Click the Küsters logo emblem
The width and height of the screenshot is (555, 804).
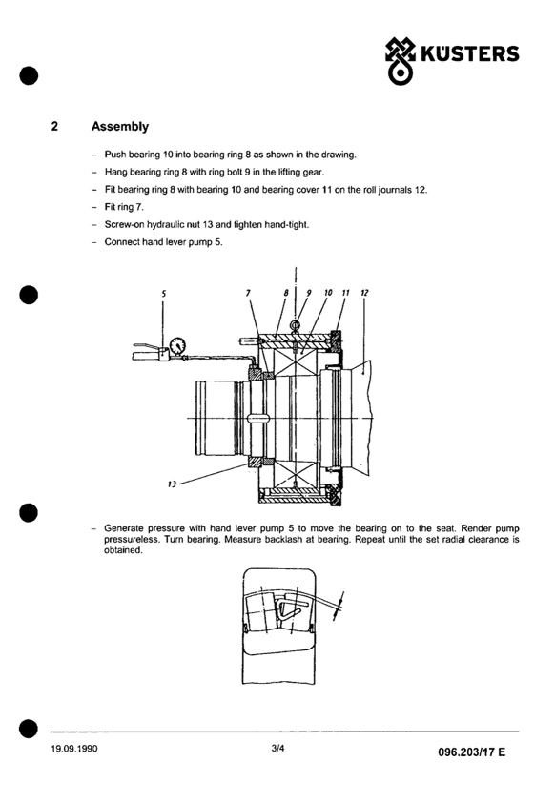[x=400, y=60]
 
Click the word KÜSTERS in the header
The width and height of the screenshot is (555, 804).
[x=470, y=53]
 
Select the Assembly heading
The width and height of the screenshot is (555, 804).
[x=120, y=127]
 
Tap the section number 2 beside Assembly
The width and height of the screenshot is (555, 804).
[x=54, y=126]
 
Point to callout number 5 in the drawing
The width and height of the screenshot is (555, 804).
[x=163, y=294]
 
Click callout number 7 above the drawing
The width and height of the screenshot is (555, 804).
[x=248, y=293]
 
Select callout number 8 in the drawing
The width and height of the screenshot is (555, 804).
[x=286, y=293]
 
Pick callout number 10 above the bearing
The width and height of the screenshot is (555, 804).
[x=328, y=292]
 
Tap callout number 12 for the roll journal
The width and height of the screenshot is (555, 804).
[x=364, y=292]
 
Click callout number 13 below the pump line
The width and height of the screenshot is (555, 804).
[x=172, y=484]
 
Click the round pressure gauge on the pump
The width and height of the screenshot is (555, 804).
[x=177, y=344]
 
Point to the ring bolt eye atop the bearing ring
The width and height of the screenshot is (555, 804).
[x=295, y=325]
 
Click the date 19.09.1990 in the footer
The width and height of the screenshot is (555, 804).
[x=74, y=749]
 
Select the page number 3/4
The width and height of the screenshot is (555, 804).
[x=277, y=748]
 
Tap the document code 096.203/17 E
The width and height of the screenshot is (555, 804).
[x=471, y=752]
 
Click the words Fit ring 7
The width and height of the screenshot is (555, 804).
[x=124, y=207]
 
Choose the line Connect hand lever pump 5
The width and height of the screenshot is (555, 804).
[x=163, y=242]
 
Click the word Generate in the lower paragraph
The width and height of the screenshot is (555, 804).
[x=124, y=528]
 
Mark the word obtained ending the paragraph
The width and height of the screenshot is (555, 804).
[x=123, y=550]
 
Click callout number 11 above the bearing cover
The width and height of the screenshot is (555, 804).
[x=345, y=292]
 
